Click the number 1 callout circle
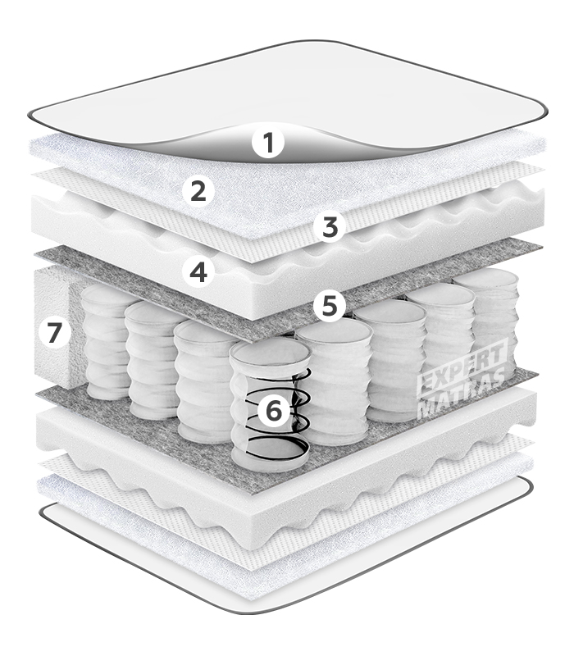tap(269, 142)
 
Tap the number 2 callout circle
tap(198, 192)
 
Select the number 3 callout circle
tap(330, 227)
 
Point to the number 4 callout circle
tap(198, 271)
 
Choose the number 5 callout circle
tap(330, 306)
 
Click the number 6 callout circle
tap(274, 411)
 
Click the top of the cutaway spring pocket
tap(271, 353)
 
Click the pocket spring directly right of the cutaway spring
tap(335, 380)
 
